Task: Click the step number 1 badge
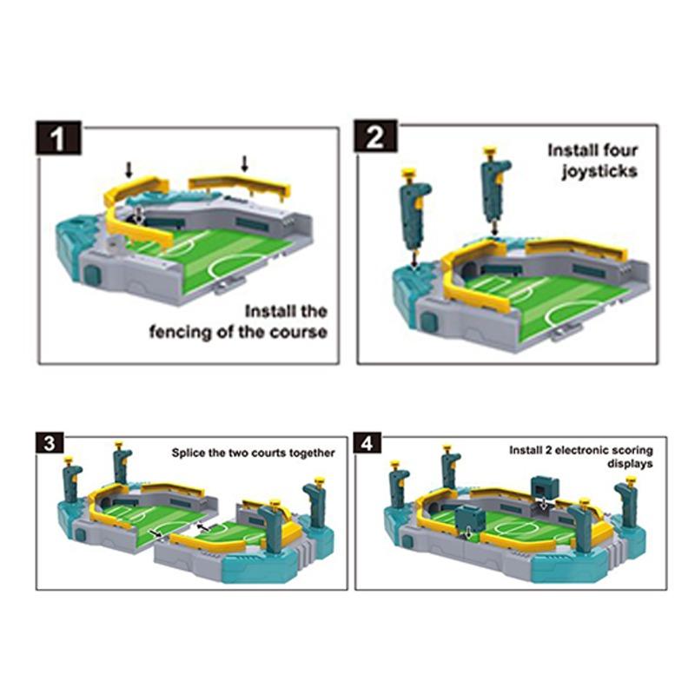click(58, 138)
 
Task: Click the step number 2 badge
click(375, 136)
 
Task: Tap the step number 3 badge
click(50, 443)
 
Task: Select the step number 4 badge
click(367, 443)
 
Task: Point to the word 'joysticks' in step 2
click(599, 171)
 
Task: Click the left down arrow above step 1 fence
click(129, 169)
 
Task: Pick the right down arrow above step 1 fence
click(244, 163)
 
